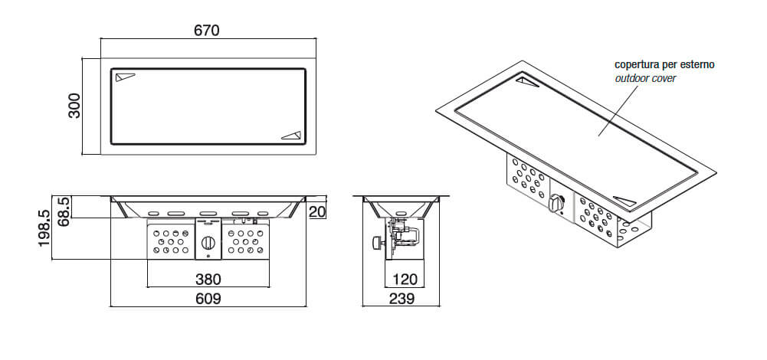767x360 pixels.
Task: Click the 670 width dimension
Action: tap(207, 31)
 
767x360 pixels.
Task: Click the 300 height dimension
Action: tap(74, 106)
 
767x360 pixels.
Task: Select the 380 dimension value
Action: tap(208, 280)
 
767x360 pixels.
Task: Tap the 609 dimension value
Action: tap(208, 299)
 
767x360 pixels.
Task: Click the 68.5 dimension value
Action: tap(64, 211)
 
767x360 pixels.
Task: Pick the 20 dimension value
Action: tap(317, 212)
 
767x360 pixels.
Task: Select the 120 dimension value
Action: tap(405, 280)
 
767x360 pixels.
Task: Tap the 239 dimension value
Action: tap(402, 299)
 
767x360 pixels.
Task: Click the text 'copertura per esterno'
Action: tap(665, 64)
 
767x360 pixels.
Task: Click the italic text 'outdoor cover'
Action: tap(645, 78)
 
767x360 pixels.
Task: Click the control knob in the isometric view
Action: tap(556, 203)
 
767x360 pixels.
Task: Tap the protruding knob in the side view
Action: tap(378, 243)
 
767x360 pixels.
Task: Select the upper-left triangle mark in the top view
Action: tap(125, 77)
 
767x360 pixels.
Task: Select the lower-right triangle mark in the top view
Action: tap(292, 136)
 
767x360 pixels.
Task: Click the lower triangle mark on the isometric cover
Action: tap(625, 201)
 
